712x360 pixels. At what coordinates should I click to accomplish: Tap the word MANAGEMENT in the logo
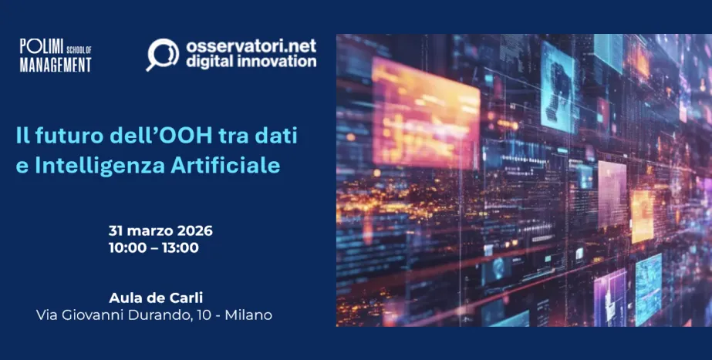pos(56,65)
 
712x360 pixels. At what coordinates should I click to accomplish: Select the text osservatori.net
pos(251,46)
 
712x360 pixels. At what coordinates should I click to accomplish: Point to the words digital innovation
pos(251,62)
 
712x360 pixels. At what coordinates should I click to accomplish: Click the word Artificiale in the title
pos(225,166)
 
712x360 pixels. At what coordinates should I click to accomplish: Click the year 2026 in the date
pos(194,230)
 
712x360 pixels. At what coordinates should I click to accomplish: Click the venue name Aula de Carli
pos(156,298)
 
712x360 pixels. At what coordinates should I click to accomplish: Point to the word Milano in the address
pos(248,315)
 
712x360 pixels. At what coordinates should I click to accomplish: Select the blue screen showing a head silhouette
pos(558,87)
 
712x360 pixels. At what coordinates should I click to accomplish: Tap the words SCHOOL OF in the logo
pos(79,49)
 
